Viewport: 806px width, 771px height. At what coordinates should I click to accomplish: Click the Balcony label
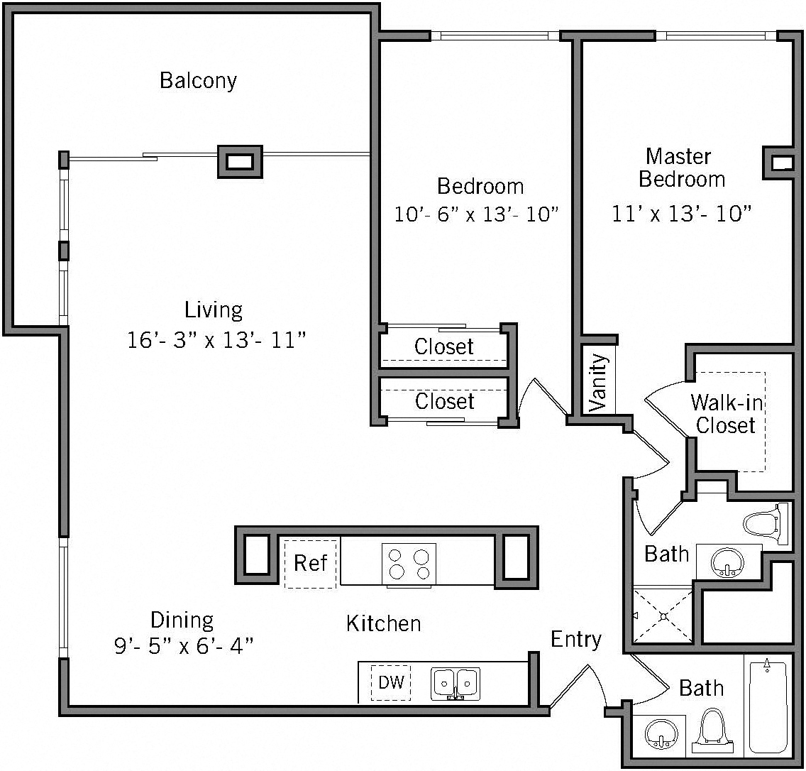pyautogui.click(x=198, y=80)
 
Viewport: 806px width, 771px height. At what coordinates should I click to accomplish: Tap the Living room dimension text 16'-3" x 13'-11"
pyautogui.click(x=216, y=340)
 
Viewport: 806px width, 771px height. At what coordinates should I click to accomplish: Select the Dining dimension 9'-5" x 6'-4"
pyautogui.click(x=184, y=646)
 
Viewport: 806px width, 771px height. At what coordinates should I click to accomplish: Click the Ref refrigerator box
pyautogui.click(x=311, y=563)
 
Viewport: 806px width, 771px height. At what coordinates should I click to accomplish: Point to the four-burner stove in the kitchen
pyautogui.click(x=409, y=564)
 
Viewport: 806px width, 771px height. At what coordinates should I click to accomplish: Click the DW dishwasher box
pyautogui.click(x=391, y=683)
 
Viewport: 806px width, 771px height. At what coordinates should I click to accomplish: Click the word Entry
pyautogui.click(x=575, y=640)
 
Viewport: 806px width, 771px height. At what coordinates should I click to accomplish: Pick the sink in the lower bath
pyautogui.click(x=661, y=733)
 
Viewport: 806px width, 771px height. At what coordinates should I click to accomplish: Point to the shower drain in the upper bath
pyautogui.click(x=663, y=616)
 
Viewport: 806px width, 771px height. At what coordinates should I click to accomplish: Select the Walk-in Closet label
pyautogui.click(x=726, y=414)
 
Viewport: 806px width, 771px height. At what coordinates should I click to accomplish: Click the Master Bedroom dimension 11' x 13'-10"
pyautogui.click(x=681, y=213)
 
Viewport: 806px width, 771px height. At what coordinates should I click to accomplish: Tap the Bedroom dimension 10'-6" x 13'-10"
pyautogui.click(x=473, y=214)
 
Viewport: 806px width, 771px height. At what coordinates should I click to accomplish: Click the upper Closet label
pyautogui.click(x=444, y=347)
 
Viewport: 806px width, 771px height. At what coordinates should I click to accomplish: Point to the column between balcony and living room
pyautogui.click(x=240, y=161)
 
